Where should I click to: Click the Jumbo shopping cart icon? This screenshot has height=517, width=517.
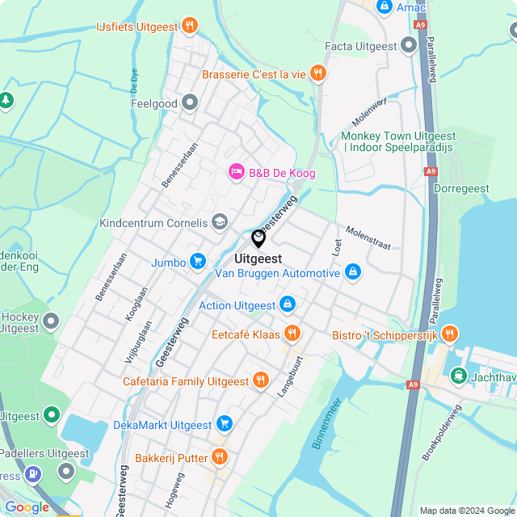coord(197,261)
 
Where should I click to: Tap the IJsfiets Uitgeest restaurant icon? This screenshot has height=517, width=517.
coord(189,26)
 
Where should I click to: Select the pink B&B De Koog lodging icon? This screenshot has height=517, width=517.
coord(236,171)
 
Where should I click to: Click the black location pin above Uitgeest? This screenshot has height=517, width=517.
coord(258,238)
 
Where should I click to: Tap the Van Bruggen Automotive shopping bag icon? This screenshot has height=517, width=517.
coord(352,273)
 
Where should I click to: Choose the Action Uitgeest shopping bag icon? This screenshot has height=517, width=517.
coord(286,305)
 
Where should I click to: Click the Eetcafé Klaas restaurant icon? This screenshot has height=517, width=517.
coord(292,333)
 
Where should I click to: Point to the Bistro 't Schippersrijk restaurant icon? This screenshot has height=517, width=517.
coord(450,333)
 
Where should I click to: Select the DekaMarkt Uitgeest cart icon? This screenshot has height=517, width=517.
coord(224,424)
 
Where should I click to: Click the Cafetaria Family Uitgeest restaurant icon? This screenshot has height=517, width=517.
coord(260,380)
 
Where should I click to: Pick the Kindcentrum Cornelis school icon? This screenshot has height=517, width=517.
coord(219,222)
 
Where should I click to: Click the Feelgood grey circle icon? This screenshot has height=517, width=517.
coord(190,103)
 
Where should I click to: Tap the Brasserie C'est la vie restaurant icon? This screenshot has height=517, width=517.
coord(318,74)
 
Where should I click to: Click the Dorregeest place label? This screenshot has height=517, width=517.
coord(460,187)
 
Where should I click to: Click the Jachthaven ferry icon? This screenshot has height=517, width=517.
coord(459,375)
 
